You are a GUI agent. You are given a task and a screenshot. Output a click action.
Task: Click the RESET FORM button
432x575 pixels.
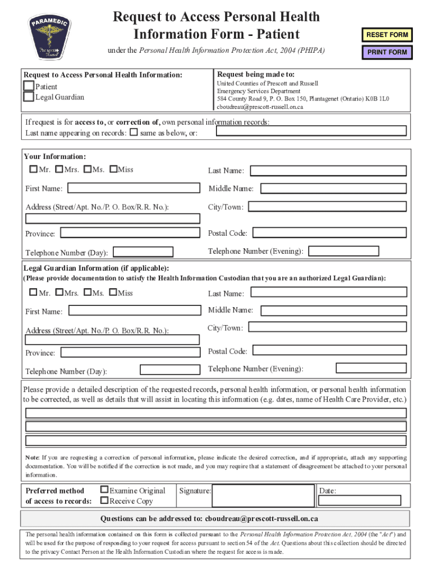[387, 35]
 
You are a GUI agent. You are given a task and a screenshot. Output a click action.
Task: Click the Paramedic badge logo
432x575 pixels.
[49, 37]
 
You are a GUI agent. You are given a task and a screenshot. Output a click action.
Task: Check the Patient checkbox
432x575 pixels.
[29, 86]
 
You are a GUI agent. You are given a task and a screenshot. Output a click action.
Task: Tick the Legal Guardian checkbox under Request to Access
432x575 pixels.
[29, 97]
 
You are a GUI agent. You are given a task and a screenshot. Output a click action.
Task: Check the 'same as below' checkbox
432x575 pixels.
[134, 133]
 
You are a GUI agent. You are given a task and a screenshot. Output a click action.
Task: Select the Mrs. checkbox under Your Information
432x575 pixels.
[59, 169]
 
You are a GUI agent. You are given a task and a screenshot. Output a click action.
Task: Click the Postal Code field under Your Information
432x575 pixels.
[328, 232]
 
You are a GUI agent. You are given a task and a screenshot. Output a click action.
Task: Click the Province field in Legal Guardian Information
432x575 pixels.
[130, 352]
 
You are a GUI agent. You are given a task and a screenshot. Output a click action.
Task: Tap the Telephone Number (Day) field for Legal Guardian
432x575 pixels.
[170, 369]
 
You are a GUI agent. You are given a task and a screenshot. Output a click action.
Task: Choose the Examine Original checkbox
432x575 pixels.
[104, 490]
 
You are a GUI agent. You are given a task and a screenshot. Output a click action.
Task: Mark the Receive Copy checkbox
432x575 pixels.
[104, 500]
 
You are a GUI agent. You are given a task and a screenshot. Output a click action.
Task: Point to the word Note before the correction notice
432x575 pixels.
[31, 457]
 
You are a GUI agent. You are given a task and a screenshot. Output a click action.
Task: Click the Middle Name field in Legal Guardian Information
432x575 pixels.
[328, 310]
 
